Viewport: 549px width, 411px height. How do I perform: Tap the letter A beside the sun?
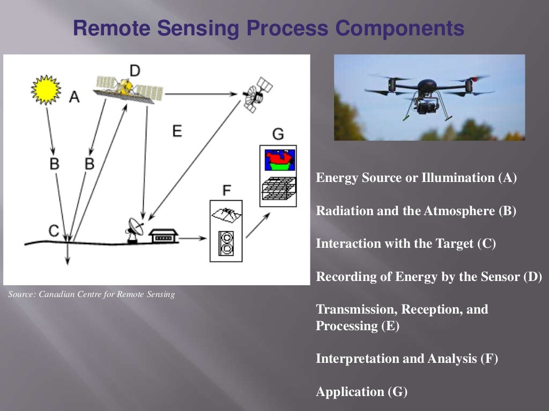coord(75,97)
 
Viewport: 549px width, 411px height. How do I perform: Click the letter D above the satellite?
coord(135,70)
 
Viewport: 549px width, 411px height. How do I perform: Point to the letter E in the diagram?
coord(177,131)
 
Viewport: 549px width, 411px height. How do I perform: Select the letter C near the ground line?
coord(54,230)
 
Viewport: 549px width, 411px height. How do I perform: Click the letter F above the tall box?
coord(226,190)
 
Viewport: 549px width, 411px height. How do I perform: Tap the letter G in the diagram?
coord(278,134)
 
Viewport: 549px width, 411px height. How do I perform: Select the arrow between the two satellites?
coord(201,94)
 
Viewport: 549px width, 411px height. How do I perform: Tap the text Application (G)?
coord(362,392)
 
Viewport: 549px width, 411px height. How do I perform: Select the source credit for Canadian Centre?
coord(92,294)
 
